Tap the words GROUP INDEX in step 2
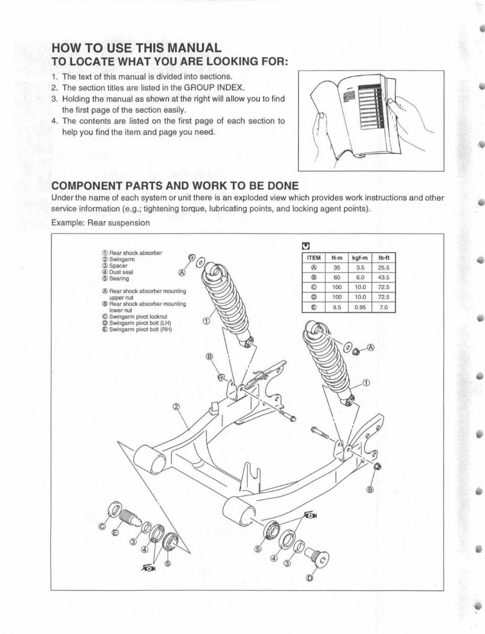coord(217,87)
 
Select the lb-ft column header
coord(383,258)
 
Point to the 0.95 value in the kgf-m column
coord(360,308)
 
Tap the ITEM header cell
coord(313,258)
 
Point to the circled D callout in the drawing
coord(309,578)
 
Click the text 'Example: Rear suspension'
coord(100,223)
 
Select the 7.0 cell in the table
coord(383,308)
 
